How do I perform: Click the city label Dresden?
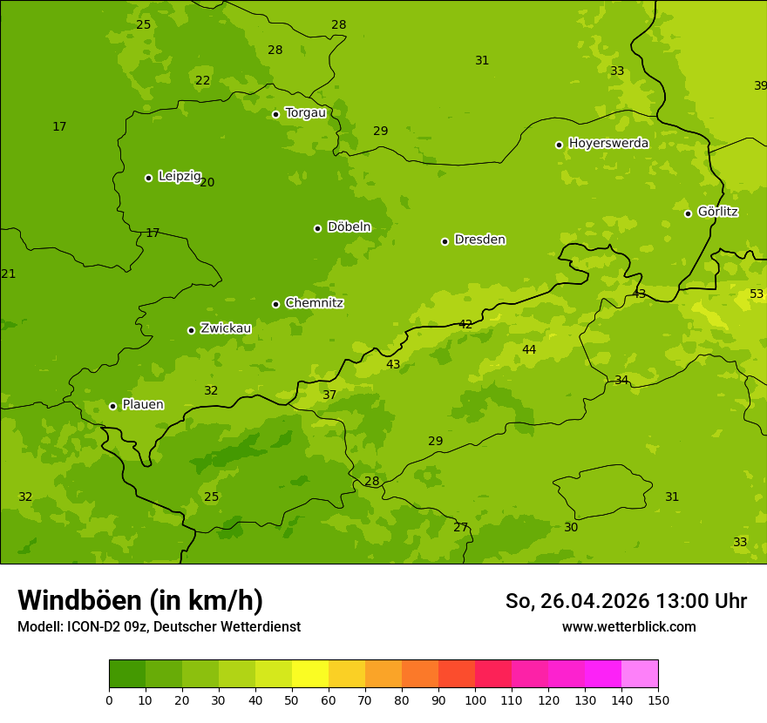tap(479, 240)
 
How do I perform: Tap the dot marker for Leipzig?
tap(148, 178)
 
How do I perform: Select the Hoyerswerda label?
tap(608, 143)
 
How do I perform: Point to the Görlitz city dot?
tap(688, 213)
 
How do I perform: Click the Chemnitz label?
tap(314, 303)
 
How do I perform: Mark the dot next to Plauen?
tap(112, 406)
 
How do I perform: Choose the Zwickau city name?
tap(226, 328)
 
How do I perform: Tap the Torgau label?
tap(305, 112)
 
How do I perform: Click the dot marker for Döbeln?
tap(317, 228)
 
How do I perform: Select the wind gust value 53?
tap(757, 294)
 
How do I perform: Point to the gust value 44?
tap(529, 349)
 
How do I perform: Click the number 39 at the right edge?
tap(760, 85)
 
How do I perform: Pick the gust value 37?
tap(329, 395)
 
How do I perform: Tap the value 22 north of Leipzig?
tap(202, 80)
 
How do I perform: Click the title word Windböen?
tap(79, 600)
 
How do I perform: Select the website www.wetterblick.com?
tap(628, 626)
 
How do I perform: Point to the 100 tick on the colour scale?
tap(475, 699)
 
